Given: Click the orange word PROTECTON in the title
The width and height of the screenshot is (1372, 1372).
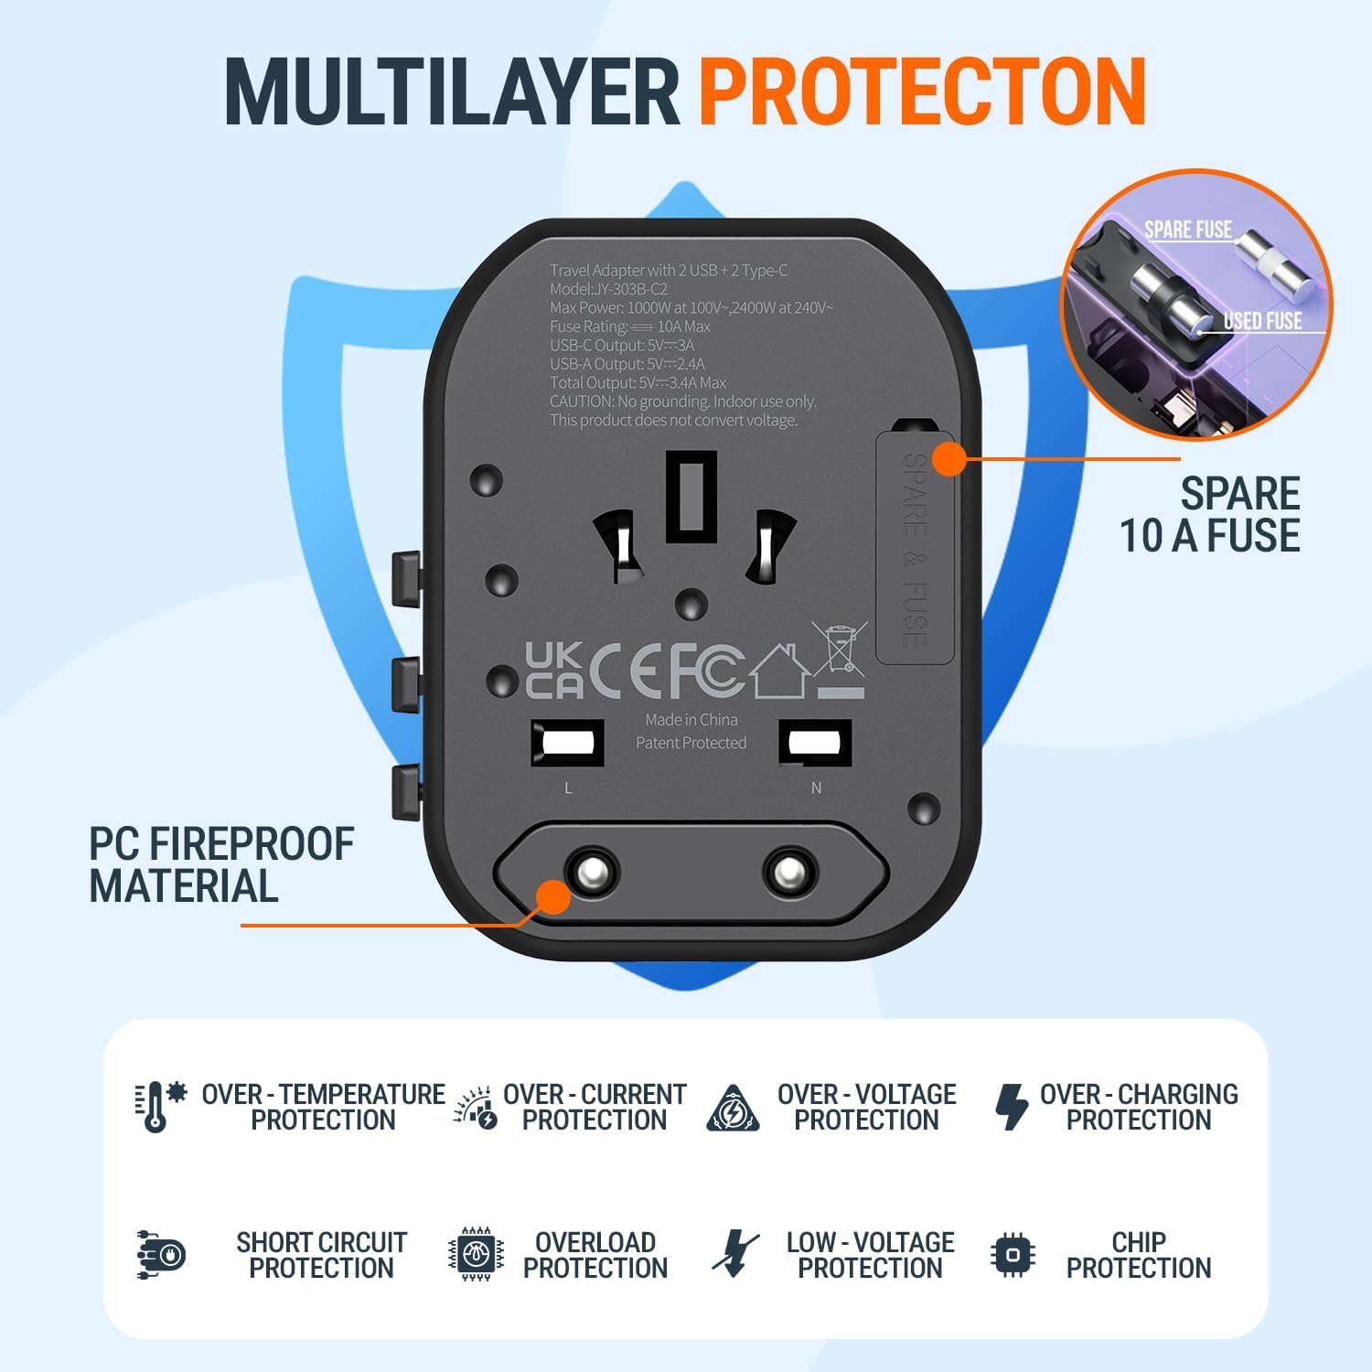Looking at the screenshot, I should [922, 91].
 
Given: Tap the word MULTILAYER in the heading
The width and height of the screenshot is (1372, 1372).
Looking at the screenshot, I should [453, 91].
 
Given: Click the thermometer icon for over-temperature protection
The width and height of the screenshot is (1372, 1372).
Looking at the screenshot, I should [157, 1106].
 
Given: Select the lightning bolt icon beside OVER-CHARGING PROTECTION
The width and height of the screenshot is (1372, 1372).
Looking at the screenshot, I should [1011, 1106].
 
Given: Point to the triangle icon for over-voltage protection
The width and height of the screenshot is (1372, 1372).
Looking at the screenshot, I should [733, 1109].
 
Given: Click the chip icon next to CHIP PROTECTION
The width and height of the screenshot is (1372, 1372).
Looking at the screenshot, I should [1013, 1254].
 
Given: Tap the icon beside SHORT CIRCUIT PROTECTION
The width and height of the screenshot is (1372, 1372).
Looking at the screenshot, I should [162, 1255].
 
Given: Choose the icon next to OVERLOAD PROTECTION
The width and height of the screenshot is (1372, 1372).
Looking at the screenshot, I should [476, 1254].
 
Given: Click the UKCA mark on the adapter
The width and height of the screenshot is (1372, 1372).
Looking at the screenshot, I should [554, 670].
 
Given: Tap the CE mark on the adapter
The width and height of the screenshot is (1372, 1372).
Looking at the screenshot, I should [625, 670].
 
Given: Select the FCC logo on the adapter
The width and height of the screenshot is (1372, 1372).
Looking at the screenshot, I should [706, 670].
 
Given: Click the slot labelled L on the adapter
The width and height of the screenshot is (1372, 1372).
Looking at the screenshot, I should [567, 742].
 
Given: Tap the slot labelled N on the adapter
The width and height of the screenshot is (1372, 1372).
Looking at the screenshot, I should [815, 742].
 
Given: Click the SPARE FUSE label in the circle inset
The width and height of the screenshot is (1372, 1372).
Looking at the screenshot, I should [1187, 230].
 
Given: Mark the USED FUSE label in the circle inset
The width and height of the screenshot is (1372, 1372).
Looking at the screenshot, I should [1262, 320].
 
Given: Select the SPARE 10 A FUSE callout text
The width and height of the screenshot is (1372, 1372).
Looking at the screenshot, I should [1209, 515].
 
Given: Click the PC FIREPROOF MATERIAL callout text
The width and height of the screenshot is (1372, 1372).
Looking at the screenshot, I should [220, 864].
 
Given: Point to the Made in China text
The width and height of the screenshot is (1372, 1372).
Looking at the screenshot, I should [691, 720].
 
